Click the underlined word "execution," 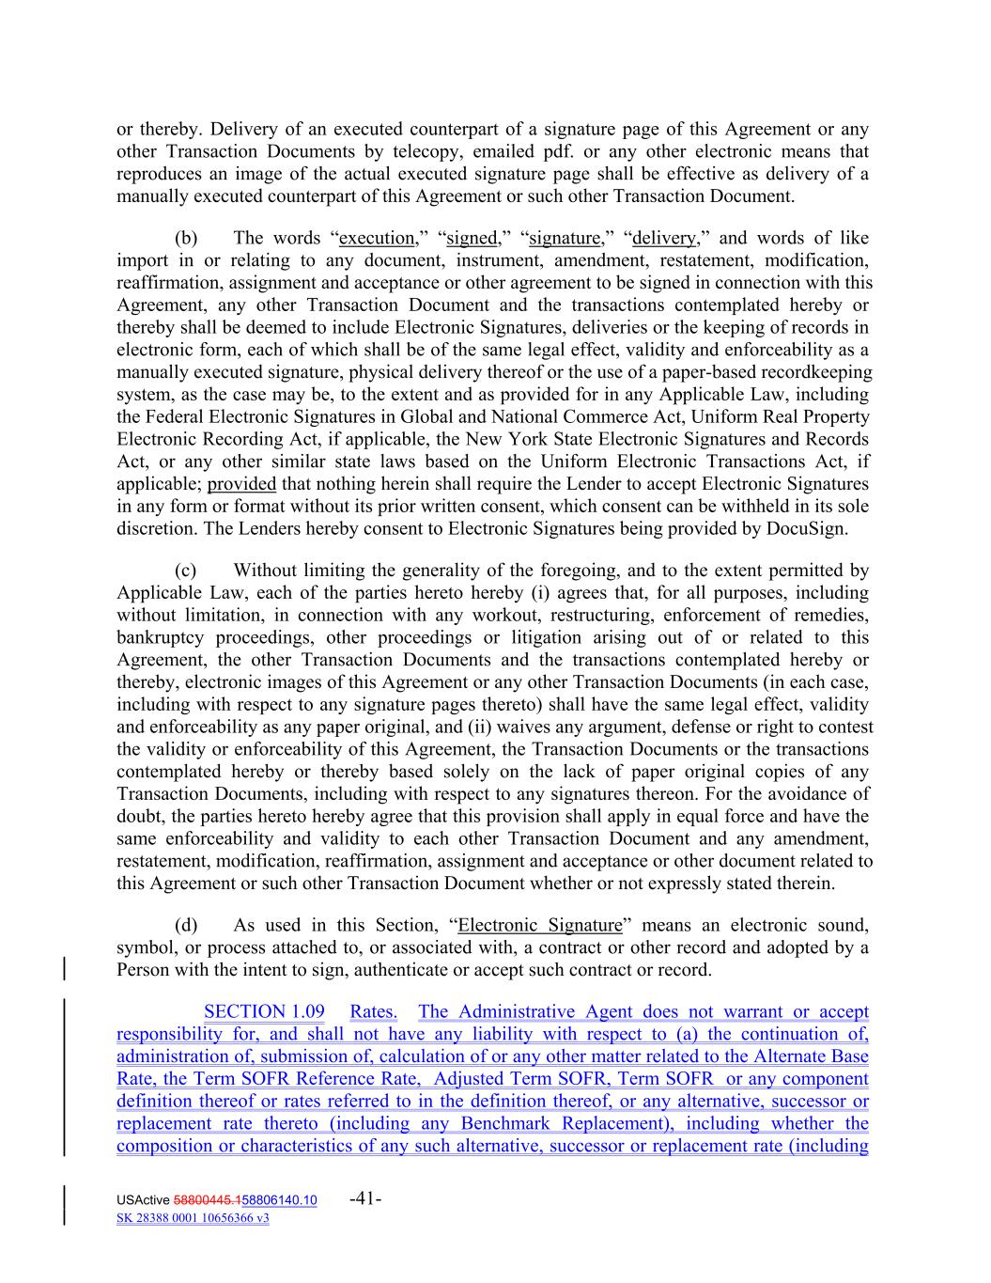coord(379,238)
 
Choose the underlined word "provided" coord(241,484)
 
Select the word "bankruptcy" coord(157,637)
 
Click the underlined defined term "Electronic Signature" coord(539,925)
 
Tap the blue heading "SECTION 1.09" coord(264,1011)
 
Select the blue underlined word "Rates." coord(373,1011)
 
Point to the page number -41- coord(364,1198)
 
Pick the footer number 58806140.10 coord(279,1200)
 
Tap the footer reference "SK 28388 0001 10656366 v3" coord(193,1218)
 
